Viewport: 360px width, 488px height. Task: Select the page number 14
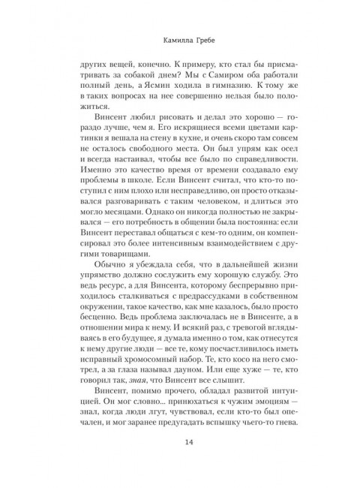(x=180, y=462)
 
